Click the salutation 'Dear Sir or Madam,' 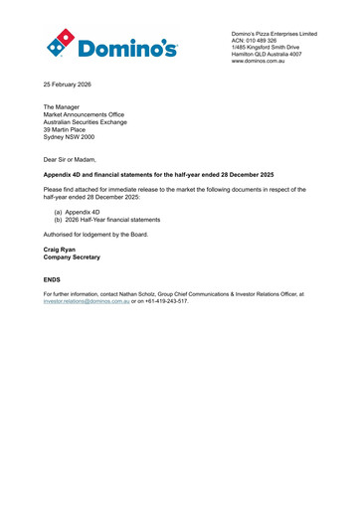click(78, 158)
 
